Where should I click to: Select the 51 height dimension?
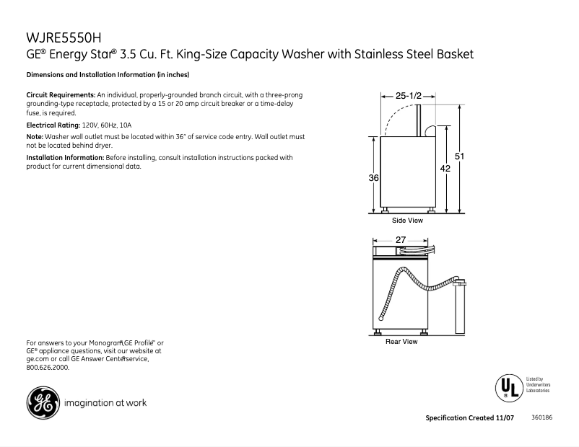(x=460, y=156)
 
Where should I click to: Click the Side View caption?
(x=407, y=221)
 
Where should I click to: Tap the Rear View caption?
(x=401, y=342)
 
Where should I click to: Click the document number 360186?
(x=541, y=418)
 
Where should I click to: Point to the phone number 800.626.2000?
(x=48, y=368)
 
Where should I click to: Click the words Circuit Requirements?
(x=61, y=95)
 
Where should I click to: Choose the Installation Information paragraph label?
(x=65, y=157)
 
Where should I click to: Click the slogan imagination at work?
(x=105, y=403)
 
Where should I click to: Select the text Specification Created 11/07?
(x=469, y=418)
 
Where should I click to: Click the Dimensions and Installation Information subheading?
(x=108, y=75)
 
